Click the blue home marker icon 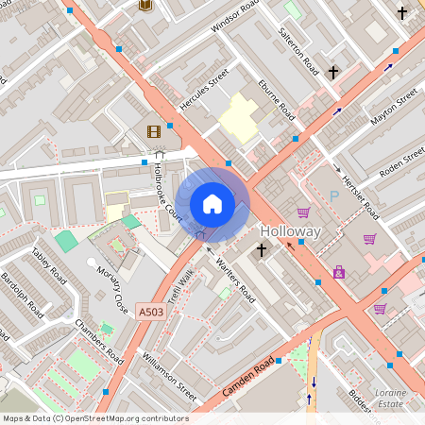pyautogui.click(x=212, y=204)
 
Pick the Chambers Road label pyautogui.click(x=100, y=341)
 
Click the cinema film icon pyautogui.click(x=153, y=131)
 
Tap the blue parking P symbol pyautogui.click(x=333, y=196)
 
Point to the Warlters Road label pyautogui.click(x=235, y=279)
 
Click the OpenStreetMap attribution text pyautogui.click(x=94, y=418)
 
